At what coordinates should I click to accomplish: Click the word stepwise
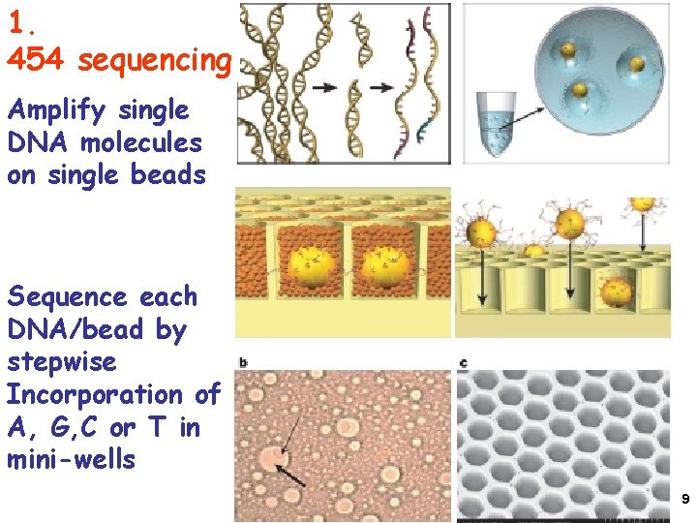61,362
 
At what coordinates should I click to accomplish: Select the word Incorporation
97,394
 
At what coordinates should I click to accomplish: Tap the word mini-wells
71,459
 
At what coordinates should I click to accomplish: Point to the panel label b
242,363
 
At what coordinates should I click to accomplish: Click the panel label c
464,363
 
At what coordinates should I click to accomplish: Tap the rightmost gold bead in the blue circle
635,64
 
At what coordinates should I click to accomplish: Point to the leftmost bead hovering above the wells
481,232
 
